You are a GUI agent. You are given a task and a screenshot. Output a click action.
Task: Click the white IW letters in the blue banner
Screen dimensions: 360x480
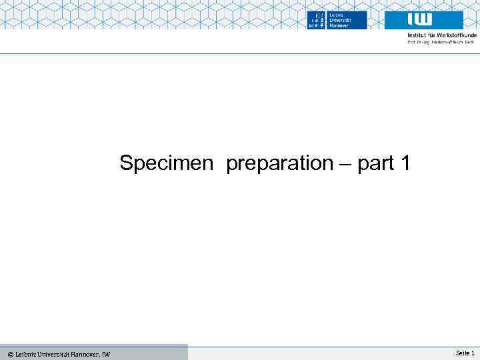(419, 19)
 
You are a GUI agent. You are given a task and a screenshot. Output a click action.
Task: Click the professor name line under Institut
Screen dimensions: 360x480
(440, 42)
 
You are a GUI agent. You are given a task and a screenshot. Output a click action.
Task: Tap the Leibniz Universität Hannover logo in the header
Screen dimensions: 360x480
(337, 20)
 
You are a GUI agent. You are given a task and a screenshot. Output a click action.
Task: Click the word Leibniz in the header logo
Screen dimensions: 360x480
(337, 14)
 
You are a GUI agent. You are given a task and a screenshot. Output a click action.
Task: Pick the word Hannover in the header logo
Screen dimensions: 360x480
(338, 25)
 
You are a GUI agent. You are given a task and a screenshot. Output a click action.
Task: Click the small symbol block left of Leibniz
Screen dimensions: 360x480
(316, 20)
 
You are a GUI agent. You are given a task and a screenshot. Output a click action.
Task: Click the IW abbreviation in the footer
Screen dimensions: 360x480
(107, 354)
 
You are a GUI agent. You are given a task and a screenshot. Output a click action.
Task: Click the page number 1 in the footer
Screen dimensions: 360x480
(472, 353)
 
